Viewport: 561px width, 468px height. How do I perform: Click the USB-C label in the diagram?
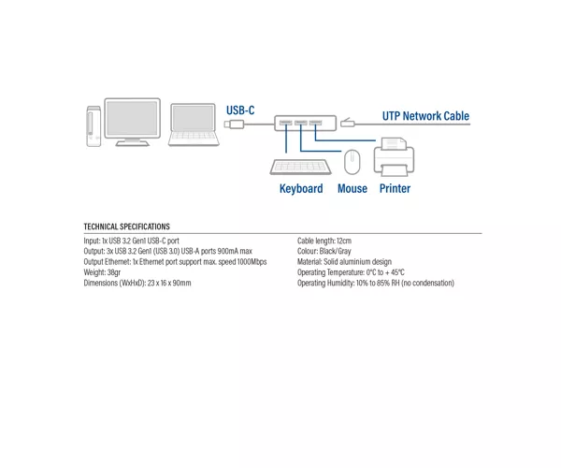pyautogui.click(x=240, y=110)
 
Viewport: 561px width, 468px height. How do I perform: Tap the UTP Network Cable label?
pyautogui.click(x=425, y=116)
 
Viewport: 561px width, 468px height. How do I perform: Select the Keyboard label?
pyautogui.click(x=301, y=189)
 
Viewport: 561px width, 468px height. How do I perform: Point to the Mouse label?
pyautogui.click(x=352, y=189)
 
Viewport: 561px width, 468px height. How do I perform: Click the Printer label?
pyautogui.click(x=395, y=189)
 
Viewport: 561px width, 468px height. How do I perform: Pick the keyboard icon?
pyautogui.click(x=300, y=167)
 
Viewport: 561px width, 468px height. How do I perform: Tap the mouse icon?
pyautogui.click(x=352, y=162)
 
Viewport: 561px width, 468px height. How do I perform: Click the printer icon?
pyautogui.click(x=394, y=157)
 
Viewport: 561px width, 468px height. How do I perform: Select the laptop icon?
pyautogui.click(x=194, y=125)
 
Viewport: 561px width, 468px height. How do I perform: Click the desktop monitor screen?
pyautogui.click(x=133, y=118)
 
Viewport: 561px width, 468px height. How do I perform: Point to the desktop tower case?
pyautogui.click(x=93, y=126)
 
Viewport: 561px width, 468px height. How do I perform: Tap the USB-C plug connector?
pyautogui.click(x=234, y=124)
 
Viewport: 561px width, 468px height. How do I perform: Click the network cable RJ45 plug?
pyautogui.click(x=347, y=123)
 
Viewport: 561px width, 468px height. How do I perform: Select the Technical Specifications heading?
pyautogui.click(x=126, y=227)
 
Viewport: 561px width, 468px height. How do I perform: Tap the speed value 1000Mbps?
pyautogui.click(x=252, y=262)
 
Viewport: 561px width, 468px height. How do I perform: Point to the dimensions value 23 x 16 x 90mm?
pyautogui.click(x=169, y=283)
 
